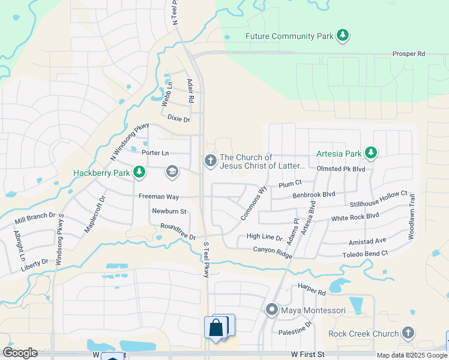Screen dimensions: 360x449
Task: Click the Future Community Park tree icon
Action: (x=343, y=35)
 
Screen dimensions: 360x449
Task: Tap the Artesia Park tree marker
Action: (x=371, y=153)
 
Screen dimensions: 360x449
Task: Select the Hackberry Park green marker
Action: (x=139, y=173)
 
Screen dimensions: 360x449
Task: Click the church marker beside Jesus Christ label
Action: (x=209, y=160)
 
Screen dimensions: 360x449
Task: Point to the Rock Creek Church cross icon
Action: (x=408, y=333)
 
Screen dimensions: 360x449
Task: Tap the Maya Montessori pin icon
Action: (x=272, y=310)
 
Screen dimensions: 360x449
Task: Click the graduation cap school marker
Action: (x=172, y=173)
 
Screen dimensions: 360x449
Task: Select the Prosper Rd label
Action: (x=408, y=54)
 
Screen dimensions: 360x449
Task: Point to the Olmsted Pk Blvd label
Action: (x=342, y=169)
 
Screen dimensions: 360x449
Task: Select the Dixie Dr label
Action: (x=178, y=119)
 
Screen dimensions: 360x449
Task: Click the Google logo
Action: (x=20, y=353)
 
